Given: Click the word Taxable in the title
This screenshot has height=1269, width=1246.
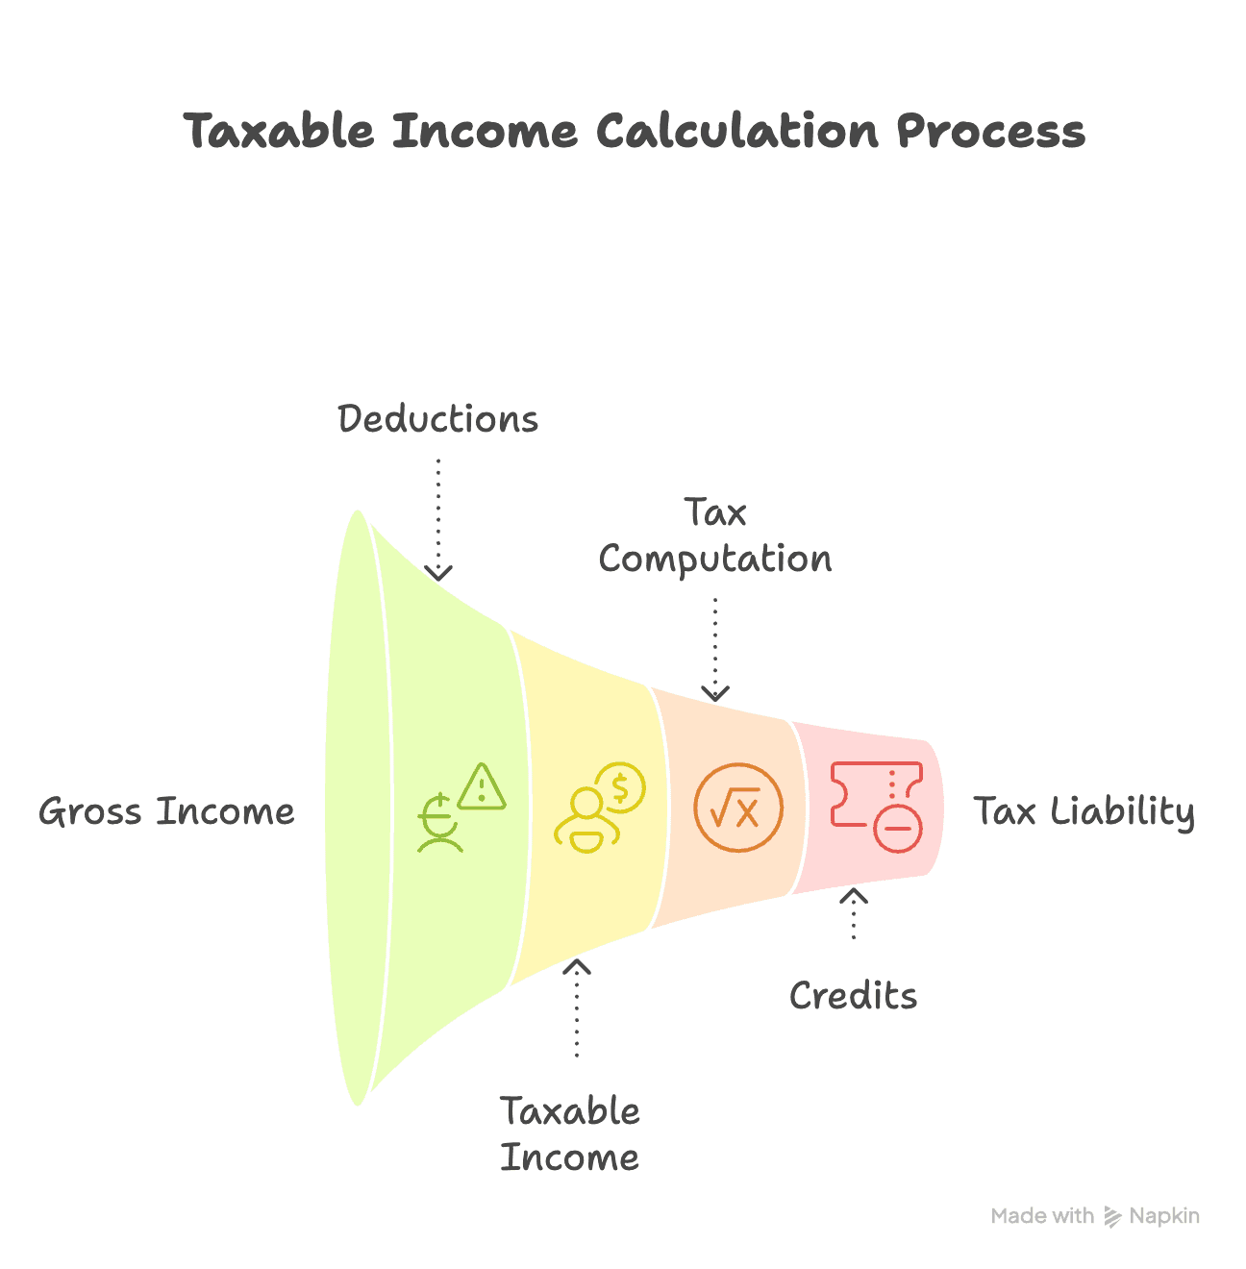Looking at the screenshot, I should tap(279, 131).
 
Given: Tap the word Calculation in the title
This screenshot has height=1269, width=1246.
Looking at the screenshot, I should tap(737, 131).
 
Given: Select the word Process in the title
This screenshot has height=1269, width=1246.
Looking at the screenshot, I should tap(990, 131).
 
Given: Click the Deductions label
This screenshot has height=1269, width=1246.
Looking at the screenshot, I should tap(438, 419).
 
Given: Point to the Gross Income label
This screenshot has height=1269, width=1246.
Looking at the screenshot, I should tap(166, 811).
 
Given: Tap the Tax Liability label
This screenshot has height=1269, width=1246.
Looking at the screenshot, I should tap(1084, 811).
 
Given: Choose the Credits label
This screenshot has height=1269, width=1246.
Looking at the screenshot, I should tap(854, 996).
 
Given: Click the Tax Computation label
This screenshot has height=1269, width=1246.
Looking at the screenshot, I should tap(715, 536).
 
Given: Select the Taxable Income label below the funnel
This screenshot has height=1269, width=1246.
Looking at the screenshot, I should tap(570, 1134).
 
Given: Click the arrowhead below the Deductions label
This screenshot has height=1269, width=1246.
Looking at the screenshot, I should tap(438, 573).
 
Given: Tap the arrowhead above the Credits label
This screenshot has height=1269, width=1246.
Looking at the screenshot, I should tap(854, 896).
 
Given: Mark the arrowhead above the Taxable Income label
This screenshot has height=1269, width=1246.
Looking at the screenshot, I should tap(577, 966).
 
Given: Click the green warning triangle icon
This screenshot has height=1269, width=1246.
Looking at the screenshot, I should tap(482, 786).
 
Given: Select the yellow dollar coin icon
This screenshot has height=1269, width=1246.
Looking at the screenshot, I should tap(620, 787).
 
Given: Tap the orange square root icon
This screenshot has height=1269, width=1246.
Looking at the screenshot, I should tap(738, 809).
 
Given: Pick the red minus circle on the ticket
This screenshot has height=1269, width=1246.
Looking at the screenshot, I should tap(898, 827).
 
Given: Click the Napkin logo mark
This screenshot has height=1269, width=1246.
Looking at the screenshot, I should tap(1112, 1216).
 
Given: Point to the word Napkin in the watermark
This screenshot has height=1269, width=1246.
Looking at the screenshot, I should tap(1164, 1216).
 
